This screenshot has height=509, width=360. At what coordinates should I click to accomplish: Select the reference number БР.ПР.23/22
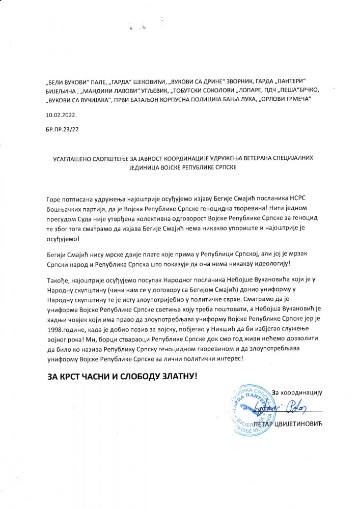62,130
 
